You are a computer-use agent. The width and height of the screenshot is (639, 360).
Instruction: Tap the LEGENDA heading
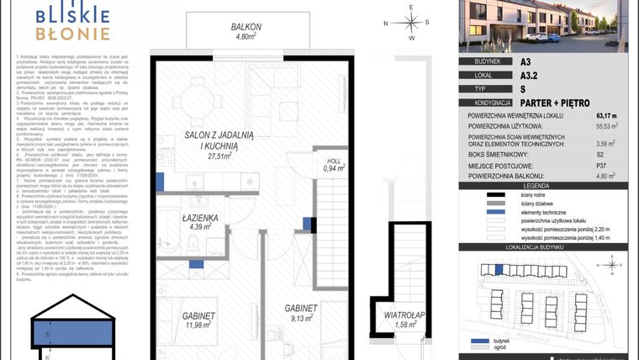(548, 185)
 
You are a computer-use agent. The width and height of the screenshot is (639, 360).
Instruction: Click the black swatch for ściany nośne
(483, 194)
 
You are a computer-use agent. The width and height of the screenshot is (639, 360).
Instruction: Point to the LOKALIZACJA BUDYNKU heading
(548, 250)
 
